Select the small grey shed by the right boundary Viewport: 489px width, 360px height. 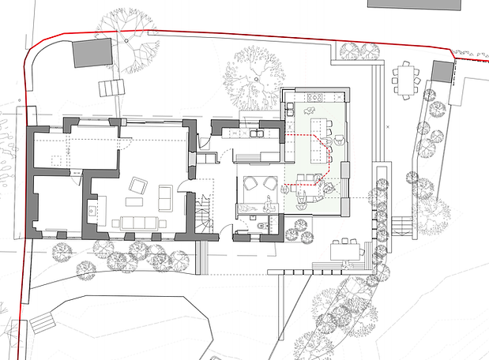click(x=442, y=72)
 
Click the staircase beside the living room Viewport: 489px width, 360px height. click(x=205, y=215)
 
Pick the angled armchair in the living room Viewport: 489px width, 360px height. click(x=137, y=186)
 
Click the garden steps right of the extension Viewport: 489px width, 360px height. click(x=400, y=226)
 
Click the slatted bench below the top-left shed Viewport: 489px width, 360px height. click(x=112, y=85)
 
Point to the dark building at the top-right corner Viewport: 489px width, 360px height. click(x=427, y=4)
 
